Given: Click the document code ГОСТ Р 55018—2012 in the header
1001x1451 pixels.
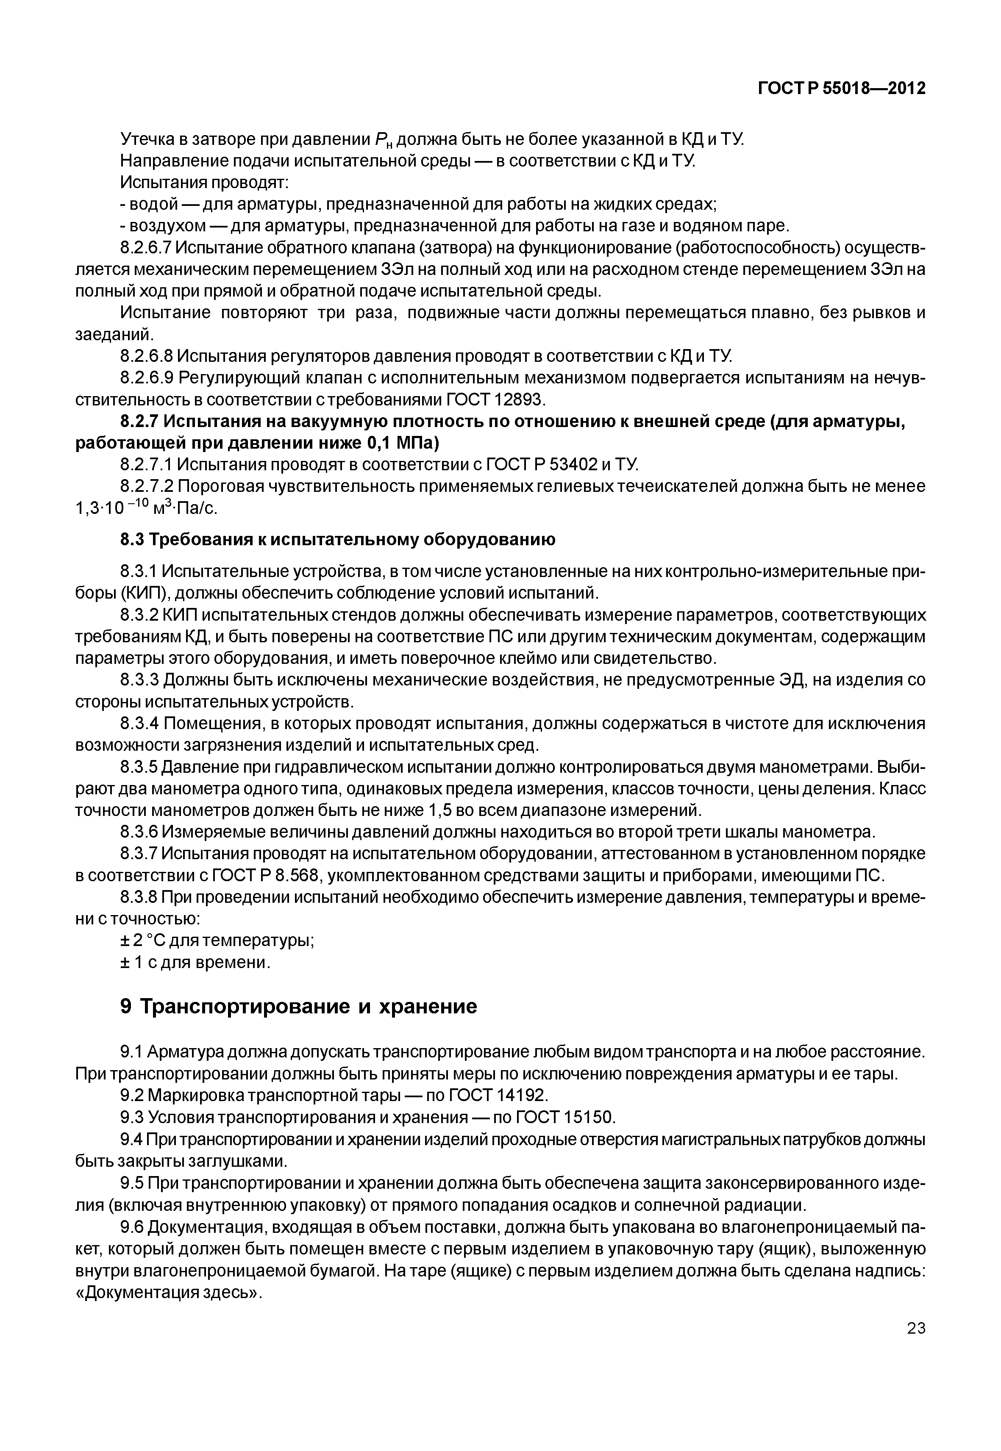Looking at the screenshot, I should point(842,89).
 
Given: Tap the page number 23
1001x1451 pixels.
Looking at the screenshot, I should point(916,1345).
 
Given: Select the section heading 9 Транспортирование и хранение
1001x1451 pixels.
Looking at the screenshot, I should point(298,1007).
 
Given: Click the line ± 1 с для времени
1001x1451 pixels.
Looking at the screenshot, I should point(195,962).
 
